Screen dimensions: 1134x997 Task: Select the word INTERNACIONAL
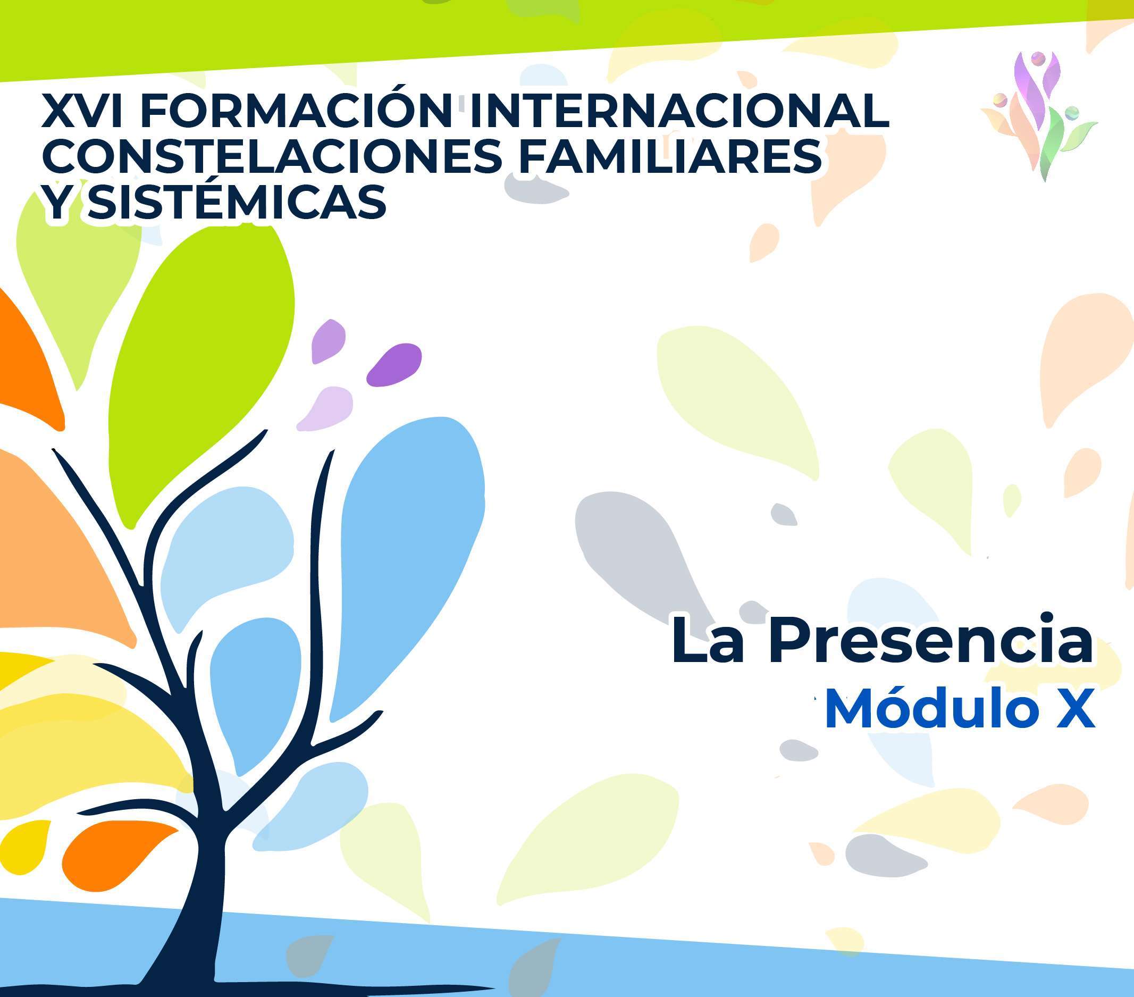pyautogui.click(x=679, y=111)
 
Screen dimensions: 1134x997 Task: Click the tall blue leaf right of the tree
pyautogui.click(x=408, y=566)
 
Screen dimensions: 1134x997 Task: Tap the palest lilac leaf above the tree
pyautogui.click(x=326, y=408)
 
